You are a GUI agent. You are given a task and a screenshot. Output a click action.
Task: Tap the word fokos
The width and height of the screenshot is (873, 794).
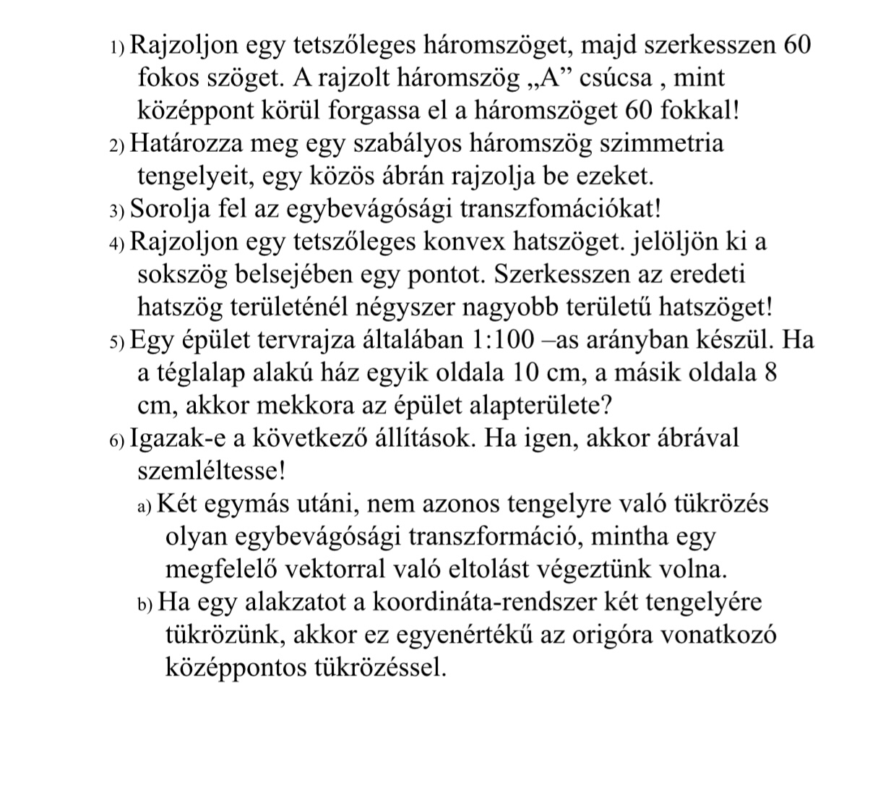pos(167,77)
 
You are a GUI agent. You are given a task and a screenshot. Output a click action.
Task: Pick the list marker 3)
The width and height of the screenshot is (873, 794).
pos(118,210)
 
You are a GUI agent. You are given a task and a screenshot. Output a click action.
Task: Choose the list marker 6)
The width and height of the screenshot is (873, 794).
pos(118,440)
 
